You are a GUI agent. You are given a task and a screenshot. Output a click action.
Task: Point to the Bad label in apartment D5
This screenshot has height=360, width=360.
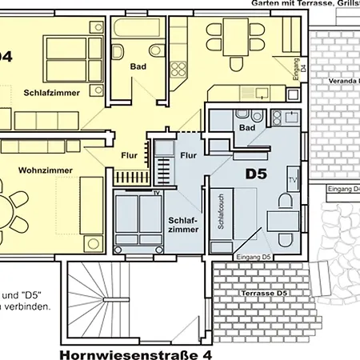tap(246, 128)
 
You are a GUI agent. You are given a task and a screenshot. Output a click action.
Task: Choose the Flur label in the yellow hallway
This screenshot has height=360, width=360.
tap(130, 154)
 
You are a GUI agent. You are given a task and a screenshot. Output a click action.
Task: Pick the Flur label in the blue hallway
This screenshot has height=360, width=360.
tap(189, 154)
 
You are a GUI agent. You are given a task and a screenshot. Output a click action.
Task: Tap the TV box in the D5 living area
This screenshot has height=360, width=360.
tap(293, 179)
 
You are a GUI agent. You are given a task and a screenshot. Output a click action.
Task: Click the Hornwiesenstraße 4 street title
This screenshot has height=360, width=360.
tap(137, 352)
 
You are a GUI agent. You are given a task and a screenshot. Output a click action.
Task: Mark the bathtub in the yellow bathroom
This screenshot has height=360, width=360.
tap(138, 29)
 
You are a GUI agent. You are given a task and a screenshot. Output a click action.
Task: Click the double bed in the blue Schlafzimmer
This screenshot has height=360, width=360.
tap(138, 220)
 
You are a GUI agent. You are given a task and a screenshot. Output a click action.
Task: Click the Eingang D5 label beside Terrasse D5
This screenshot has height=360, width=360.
tap(254, 256)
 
